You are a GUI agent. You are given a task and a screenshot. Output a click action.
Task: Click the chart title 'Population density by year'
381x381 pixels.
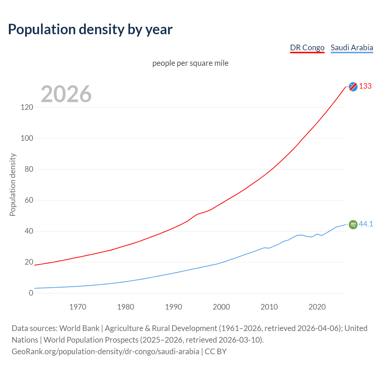[x=90, y=29]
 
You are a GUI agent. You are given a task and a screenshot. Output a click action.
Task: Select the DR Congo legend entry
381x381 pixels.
[x=307, y=48]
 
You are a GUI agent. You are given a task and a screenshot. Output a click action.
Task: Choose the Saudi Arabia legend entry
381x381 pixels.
[x=352, y=48]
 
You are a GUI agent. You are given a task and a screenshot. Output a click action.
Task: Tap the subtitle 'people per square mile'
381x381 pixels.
[x=190, y=63]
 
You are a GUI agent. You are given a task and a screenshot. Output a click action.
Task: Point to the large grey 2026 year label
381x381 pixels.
[x=66, y=94]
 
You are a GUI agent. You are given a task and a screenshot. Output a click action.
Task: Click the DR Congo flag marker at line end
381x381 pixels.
[x=353, y=87]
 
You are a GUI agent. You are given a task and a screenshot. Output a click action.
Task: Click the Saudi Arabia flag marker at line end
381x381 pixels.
[x=353, y=224]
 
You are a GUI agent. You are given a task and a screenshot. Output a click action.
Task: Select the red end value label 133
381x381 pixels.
[x=365, y=86]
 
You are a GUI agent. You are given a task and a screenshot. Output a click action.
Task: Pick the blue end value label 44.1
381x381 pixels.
[x=366, y=224]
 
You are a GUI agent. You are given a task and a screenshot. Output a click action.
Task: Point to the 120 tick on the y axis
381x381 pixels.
[x=27, y=107]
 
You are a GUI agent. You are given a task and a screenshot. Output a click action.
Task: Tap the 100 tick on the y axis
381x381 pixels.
[x=27, y=138]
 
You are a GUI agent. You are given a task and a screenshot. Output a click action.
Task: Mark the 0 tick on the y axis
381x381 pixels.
[x=31, y=293]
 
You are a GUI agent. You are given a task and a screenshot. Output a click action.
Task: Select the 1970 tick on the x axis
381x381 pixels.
[x=78, y=307]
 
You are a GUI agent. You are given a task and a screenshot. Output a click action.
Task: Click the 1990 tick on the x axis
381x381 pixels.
[x=174, y=307]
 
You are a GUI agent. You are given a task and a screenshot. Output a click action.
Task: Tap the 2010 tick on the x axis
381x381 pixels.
[x=269, y=307]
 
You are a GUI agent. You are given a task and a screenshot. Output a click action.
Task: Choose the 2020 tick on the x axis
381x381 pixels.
[x=317, y=307]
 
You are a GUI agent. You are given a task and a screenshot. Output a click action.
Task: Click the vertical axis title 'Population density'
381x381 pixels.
[x=13, y=185]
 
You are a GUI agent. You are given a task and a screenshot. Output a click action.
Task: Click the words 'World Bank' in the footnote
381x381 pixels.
[x=79, y=328]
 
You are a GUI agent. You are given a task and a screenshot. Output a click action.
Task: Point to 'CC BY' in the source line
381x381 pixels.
[x=216, y=352]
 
